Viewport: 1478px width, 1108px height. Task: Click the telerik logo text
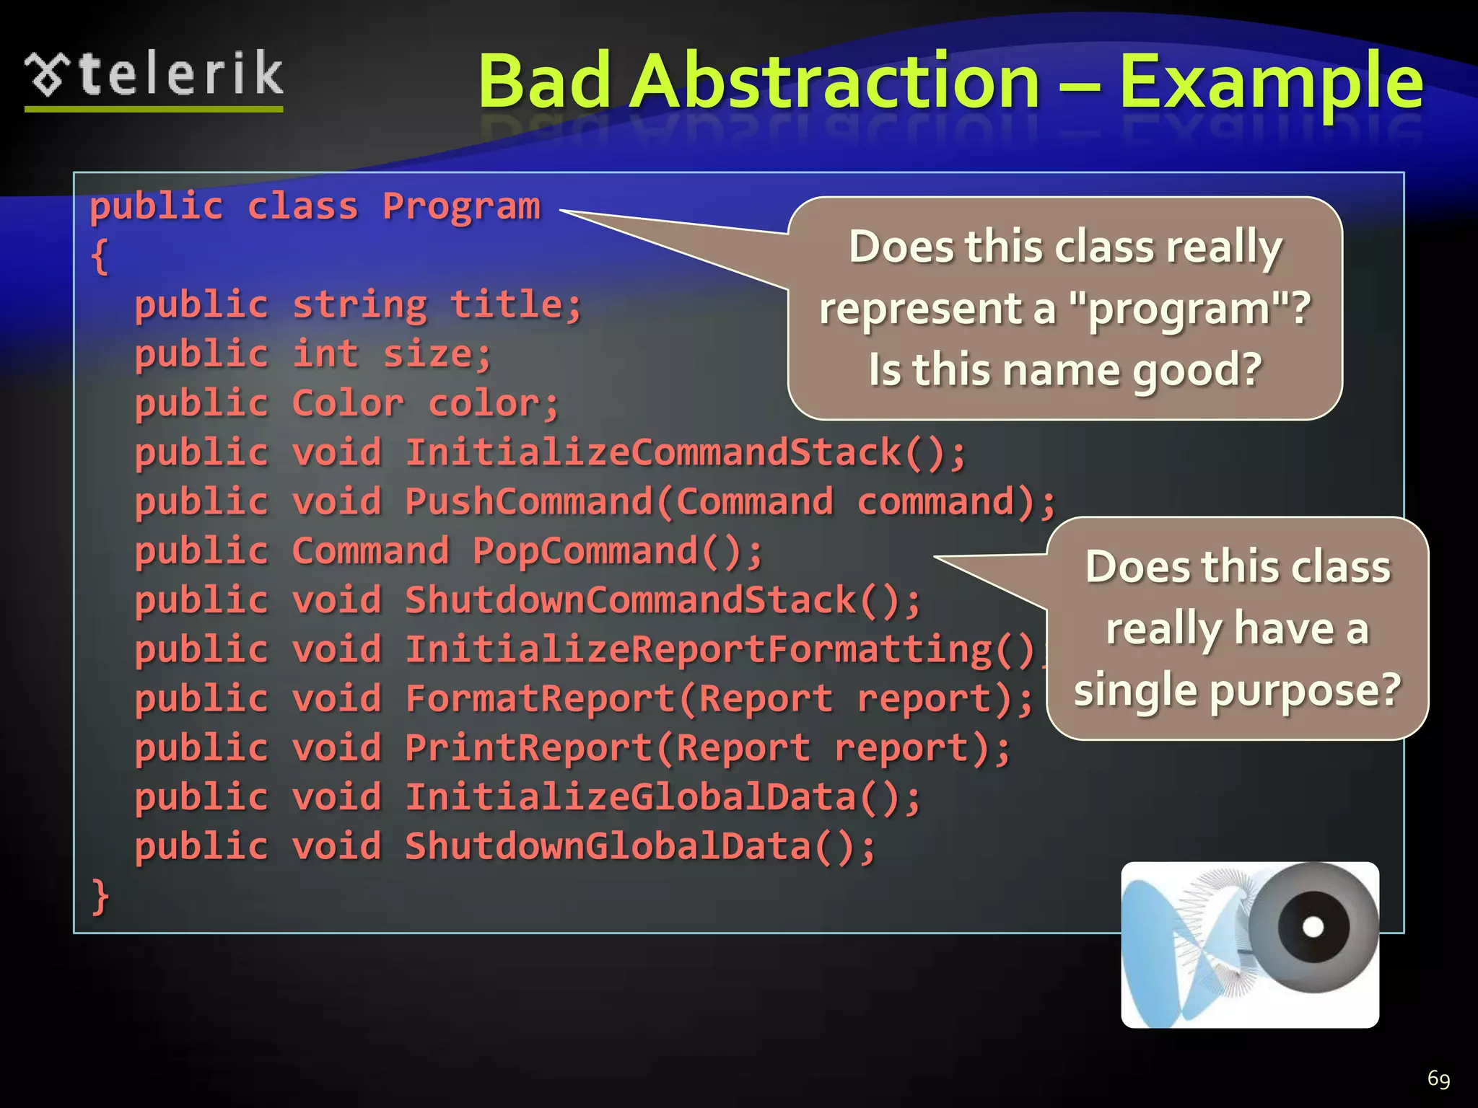[x=180, y=74]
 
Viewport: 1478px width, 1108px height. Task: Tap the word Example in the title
[x=1271, y=83]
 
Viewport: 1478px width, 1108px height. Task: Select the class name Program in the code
[x=461, y=207]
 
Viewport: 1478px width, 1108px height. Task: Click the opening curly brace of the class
[x=100, y=256]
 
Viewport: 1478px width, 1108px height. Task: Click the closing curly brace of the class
[x=100, y=897]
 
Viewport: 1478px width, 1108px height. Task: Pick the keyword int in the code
[x=325, y=354]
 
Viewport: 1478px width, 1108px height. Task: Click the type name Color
[x=347, y=403]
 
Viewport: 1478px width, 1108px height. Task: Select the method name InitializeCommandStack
[x=654, y=453]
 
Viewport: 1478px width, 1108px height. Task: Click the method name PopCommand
[x=585, y=552]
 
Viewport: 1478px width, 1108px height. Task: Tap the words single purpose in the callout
[x=1237, y=690]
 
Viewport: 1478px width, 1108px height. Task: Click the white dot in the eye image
[x=1313, y=926]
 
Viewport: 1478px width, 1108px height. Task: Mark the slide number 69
[x=1438, y=1078]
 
